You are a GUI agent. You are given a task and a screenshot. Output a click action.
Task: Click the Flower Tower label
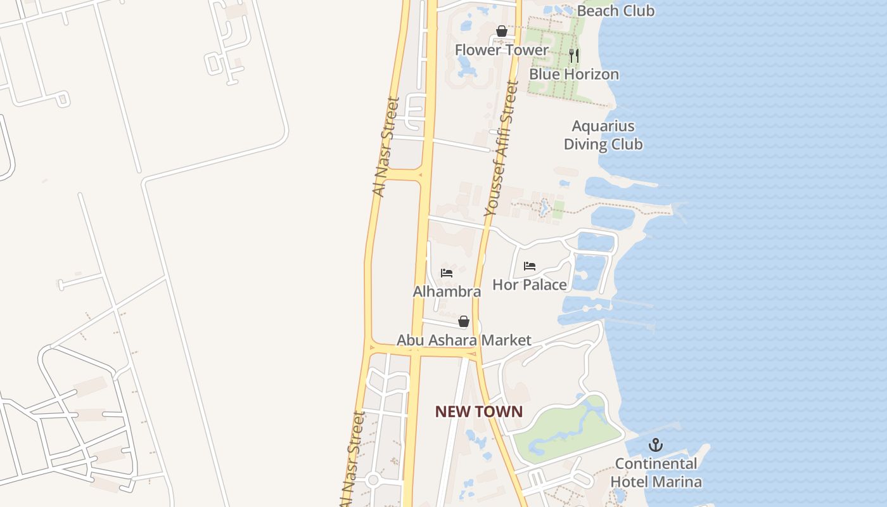(501, 49)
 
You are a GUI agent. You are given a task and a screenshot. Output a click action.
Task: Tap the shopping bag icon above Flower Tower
(502, 31)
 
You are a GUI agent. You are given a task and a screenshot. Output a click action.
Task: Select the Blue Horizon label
(574, 74)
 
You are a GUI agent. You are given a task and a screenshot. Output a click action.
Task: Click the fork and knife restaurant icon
(574, 55)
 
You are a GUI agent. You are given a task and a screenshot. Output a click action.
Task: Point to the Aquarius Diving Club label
(603, 135)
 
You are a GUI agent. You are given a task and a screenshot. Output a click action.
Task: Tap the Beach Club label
(616, 11)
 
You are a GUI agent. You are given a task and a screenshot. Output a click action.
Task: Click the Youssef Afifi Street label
(501, 150)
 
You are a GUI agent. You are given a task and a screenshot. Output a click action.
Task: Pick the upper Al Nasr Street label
(385, 146)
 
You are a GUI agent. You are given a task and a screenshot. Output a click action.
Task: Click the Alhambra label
(447, 292)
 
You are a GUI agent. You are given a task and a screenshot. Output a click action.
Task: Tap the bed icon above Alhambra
(447, 273)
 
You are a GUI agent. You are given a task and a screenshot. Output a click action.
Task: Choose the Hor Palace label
(530, 285)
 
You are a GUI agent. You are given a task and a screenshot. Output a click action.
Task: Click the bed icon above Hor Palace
(530, 266)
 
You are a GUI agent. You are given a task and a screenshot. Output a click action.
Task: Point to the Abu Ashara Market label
(464, 340)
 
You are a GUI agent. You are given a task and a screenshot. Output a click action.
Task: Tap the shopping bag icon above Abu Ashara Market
(464, 322)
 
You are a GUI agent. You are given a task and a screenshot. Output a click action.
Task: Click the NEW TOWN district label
(479, 411)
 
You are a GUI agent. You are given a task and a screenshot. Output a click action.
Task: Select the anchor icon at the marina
(656, 445)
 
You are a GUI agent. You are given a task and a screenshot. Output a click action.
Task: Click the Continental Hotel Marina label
(656, 473)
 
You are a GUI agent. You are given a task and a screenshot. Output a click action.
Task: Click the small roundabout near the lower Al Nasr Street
(373, 480)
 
